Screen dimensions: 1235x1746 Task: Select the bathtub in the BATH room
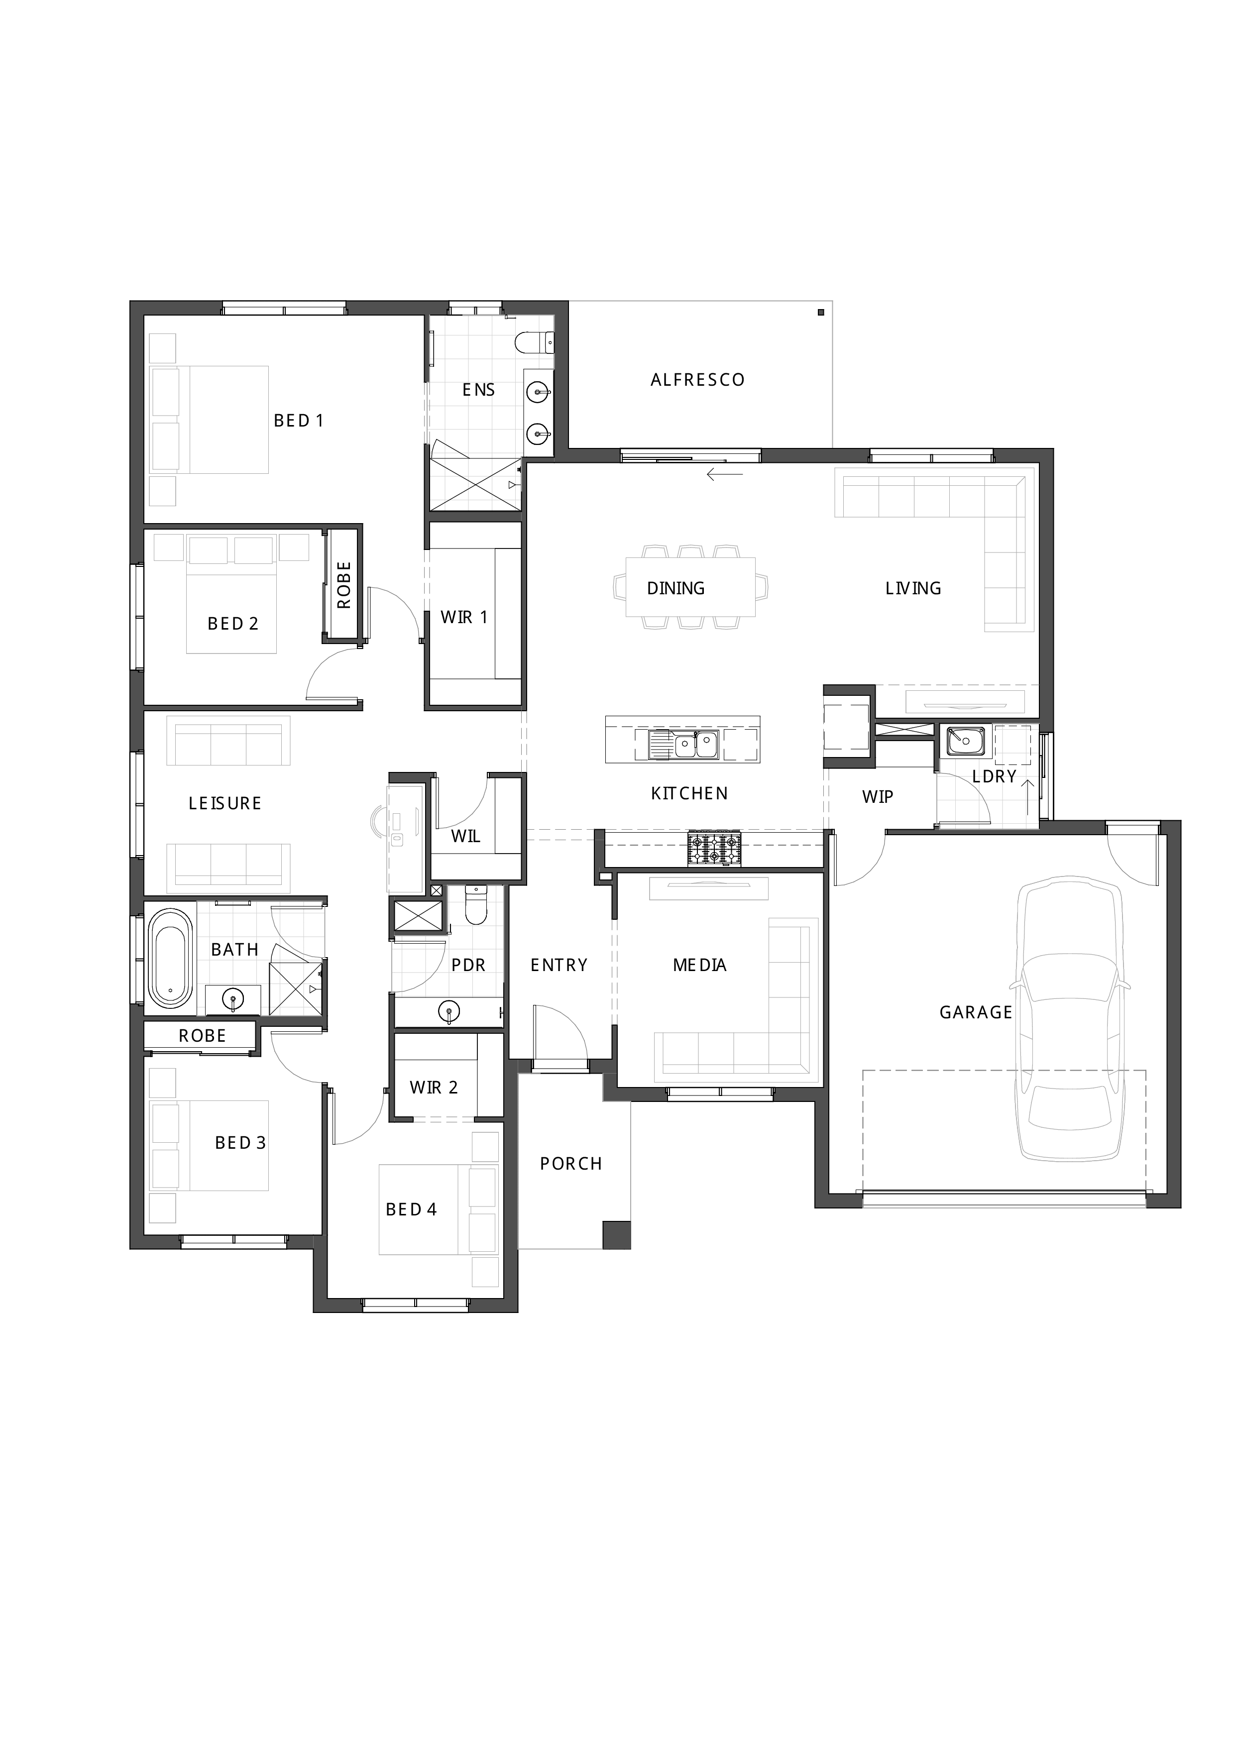pos(170,958)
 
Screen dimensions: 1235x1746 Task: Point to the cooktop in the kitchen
pos(714,849)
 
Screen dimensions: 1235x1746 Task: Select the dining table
pos(690,587)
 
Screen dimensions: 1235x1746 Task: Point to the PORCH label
pos(571,1164)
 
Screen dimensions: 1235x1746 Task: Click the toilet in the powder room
pos(476,905)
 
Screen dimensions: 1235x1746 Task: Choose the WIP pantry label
pos(878,796)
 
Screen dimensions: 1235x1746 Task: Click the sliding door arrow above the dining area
pos(725,475)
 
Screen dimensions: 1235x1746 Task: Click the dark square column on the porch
pos(617,1234)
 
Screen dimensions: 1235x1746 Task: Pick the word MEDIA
pos(699,965)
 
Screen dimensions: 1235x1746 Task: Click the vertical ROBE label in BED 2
pos(344,585)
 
